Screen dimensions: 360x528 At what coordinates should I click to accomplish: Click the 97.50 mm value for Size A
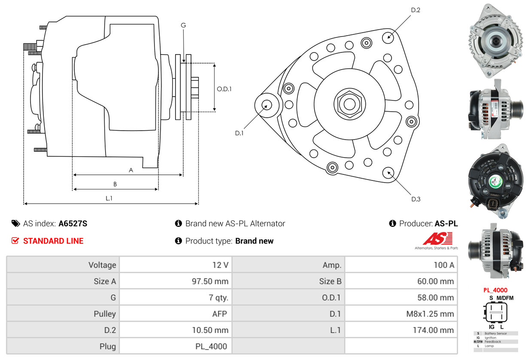[210, 281]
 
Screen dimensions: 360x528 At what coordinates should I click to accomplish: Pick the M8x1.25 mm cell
[430, 314]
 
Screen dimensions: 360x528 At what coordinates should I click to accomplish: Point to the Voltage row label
[102, 265]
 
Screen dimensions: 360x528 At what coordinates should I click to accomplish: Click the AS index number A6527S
[73, 223]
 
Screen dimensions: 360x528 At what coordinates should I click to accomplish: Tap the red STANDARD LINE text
[53, 241]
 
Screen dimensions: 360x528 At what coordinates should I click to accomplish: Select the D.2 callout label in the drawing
[415, 9]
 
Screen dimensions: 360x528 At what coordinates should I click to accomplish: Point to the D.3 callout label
[416, 199]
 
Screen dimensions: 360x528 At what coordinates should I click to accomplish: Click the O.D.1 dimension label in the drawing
[224, 89]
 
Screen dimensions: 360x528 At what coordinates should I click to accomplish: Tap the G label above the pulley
[183, 25]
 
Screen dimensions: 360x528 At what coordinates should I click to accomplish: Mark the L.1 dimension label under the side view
[109, 198]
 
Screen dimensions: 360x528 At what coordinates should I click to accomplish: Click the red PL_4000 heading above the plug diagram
[495, 290]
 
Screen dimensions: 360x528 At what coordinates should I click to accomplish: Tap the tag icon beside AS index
[16, 223]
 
